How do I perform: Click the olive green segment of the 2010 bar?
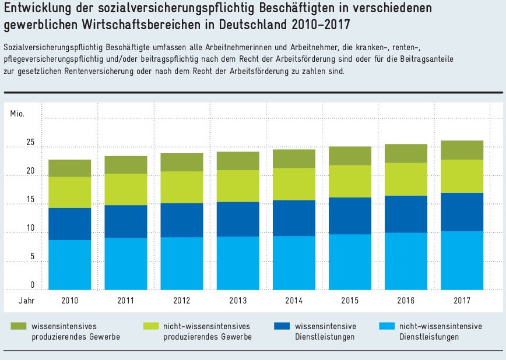coord(69,168)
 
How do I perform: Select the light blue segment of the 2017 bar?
coord(462,260)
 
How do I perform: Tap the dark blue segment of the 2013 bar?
coord(237,219)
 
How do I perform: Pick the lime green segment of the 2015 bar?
coord(350,181)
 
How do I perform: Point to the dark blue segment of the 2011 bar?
coord(125,221)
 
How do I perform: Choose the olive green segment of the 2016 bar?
coord(406,153)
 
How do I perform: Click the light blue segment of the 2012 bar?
coord(181,263)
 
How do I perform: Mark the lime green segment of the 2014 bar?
coord(294,184)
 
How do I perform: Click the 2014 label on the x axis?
coord(294,301)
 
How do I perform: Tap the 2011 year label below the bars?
coord(125,301)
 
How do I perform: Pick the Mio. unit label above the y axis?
coord(17,112)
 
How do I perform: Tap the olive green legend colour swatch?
coord(18,326)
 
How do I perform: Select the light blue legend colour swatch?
coord(386,326)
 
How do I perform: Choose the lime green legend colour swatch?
coord(150,326)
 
